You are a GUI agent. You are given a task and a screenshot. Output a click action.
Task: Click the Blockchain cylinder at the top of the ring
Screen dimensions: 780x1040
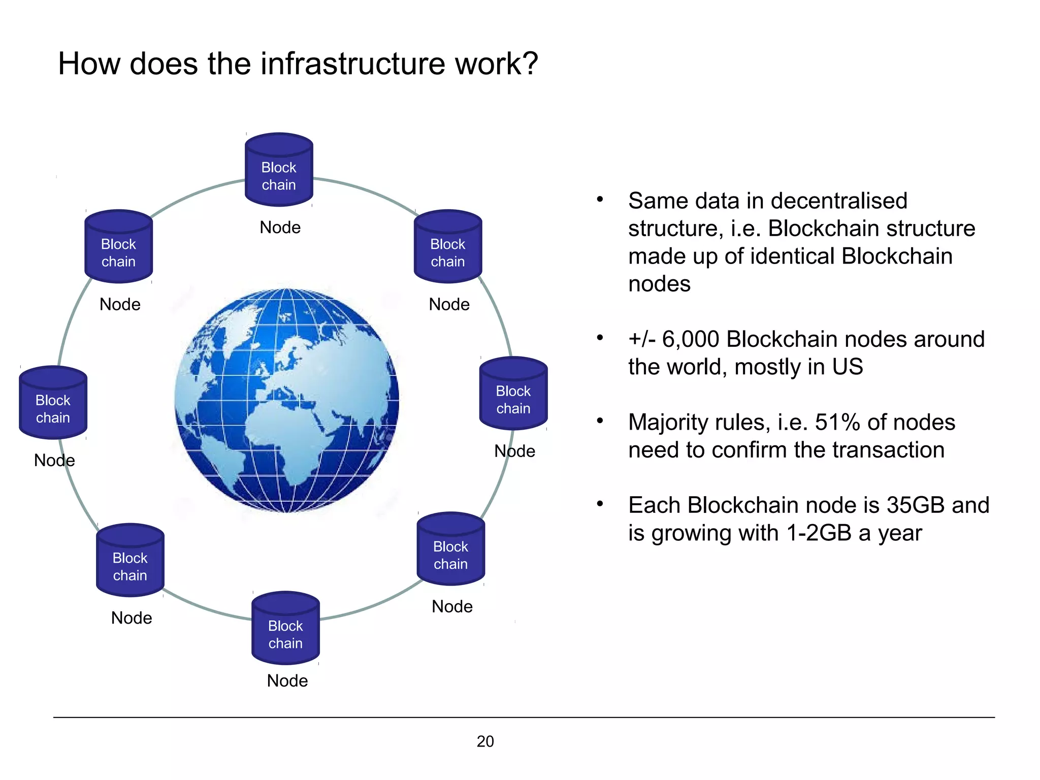pos(279,170)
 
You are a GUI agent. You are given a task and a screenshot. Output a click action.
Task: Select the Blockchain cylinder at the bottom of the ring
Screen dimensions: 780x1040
pos(285,629)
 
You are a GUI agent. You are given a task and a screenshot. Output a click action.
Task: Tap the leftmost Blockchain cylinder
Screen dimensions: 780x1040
pos(53,403)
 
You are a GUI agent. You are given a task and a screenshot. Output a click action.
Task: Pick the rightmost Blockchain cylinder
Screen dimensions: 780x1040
pos(513,394)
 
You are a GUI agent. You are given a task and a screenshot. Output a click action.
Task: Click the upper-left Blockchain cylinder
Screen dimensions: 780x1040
pos(118,247)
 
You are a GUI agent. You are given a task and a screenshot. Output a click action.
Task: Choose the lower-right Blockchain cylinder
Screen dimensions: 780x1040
pos(450,549)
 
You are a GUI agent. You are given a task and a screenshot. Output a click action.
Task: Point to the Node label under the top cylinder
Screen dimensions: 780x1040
pos(280,227)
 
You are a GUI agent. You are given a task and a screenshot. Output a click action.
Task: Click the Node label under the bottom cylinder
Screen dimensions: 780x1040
pos(287,680)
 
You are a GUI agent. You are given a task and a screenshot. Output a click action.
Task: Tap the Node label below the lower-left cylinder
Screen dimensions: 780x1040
pos(132,618)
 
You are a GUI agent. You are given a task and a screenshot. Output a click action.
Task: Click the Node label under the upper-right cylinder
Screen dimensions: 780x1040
pos(449,304)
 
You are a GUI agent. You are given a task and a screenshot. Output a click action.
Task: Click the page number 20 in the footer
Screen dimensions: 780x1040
pos(485,741)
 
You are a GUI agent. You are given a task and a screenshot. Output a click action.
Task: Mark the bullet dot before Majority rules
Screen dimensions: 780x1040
pos(600,420)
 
